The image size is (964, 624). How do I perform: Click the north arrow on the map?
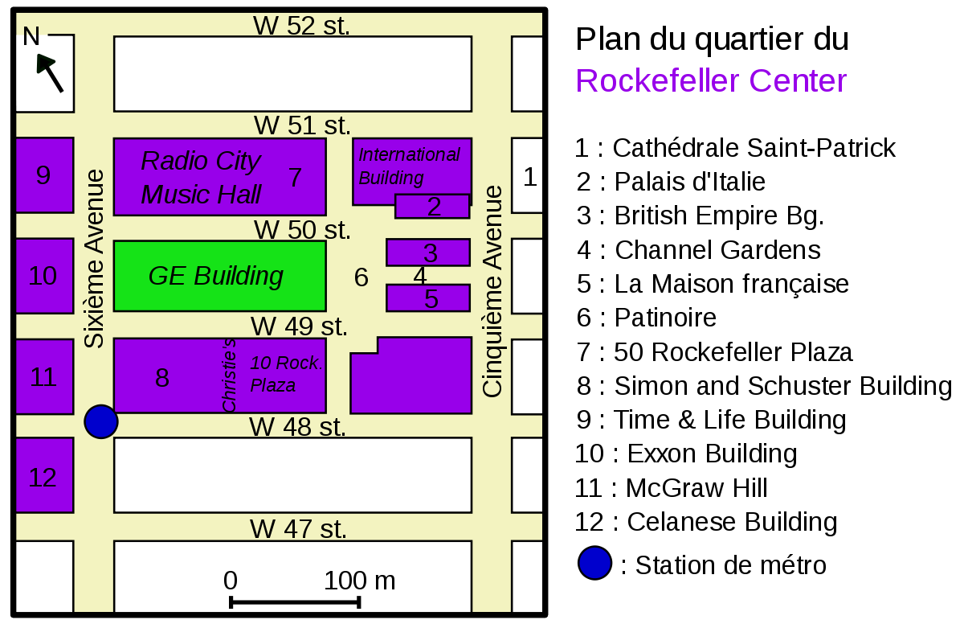pyautogui.click(x=51, y=73)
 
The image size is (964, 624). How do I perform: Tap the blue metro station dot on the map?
pyautogui.click(x=101, y=421)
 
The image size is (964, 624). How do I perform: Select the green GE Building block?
pyautogui.click(x=220, y=276)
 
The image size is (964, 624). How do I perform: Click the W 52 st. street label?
pyautogui.click(x=301, y=26)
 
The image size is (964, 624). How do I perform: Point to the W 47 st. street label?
pyautogui.click(x=298, y=529)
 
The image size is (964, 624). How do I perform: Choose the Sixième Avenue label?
pyautogui.click(x=94, y=258)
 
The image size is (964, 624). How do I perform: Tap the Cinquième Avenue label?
pyautogui.click(x=492, y=291)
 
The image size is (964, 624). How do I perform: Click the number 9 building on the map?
pyautogui.click(x=45, y=175)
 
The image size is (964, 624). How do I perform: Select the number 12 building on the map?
pyautogui.click(x=45, y=475)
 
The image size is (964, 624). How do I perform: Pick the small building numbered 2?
pyautogui.click(x=432, y=207)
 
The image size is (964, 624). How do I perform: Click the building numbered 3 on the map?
pyautogui.click(x=428, y=252)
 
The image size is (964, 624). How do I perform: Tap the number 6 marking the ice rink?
pyautogui.click(x=361, y=277)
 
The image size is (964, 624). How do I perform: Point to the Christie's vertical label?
pyautogui.click(x=228, y=375)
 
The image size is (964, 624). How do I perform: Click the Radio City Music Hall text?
pyautogui.click(x=201, y=178)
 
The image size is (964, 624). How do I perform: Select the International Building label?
pyautogui.click(x=409, y=166)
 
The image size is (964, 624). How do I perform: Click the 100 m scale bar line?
pyautogui.click(x=296, y=602)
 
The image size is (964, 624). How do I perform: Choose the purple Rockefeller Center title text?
pyautogui.click(x=711, y=80)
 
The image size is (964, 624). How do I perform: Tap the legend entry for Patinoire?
pyautogui.click(x=647, y=318)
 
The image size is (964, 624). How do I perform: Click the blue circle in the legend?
pyautogui.click(x=594, y=563)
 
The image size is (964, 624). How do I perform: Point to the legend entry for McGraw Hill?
pyautogui.click(x=672, y=488)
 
